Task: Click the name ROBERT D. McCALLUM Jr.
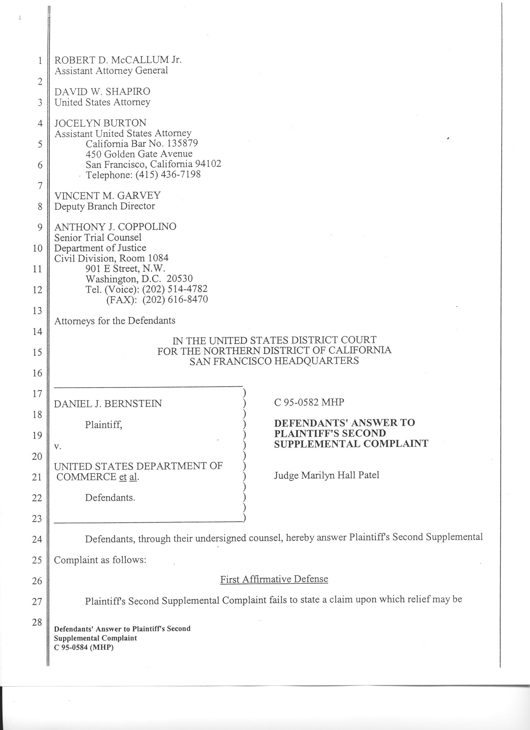click(118, 60)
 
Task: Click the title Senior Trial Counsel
click(98, 238)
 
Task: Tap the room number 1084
click(158, 258)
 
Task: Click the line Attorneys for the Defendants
click(115, 321)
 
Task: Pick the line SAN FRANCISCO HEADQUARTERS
click(274, 361)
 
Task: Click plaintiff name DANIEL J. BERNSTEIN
click(108, 404)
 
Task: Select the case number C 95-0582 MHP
click(309, 402)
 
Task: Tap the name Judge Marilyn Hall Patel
click(327, 475)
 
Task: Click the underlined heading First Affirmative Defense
click(274, 579)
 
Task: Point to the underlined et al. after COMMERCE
click(128, 477)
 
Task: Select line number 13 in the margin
click(37, 311)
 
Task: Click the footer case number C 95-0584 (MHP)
click(84, 648)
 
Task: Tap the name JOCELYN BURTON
click(100, 123)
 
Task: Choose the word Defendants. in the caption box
click(110, 498)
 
